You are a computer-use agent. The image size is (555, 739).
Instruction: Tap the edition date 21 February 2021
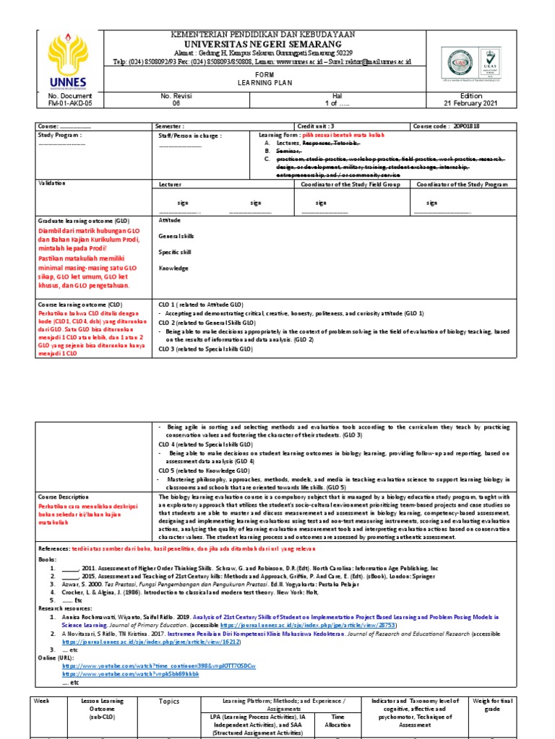pos(470,103)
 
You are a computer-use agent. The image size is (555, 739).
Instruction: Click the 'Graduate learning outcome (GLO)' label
pos(79,220)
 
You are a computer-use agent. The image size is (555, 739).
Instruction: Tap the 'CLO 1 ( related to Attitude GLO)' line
pos(205,305)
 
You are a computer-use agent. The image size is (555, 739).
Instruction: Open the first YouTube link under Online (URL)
pos(159,665)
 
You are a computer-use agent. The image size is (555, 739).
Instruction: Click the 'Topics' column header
pos(168,701)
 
